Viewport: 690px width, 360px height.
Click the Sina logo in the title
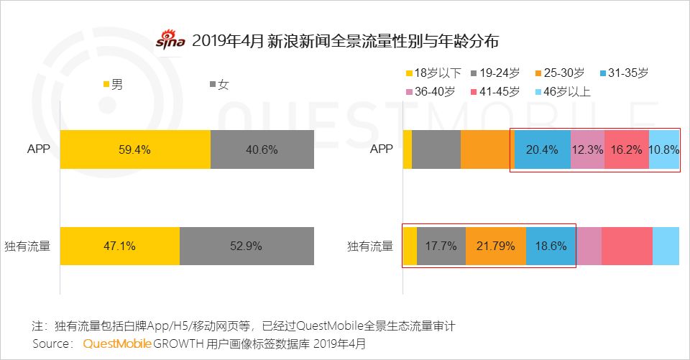[x=171, y=40]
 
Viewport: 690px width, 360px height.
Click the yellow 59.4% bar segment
[x=135, y=150]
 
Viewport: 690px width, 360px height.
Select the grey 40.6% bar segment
[x=262, y=150]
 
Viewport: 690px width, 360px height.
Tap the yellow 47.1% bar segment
[x=119, y=246]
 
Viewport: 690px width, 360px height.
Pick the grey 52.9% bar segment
[x=247, y=246]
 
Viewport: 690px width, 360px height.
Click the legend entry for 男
[x=113, y=85]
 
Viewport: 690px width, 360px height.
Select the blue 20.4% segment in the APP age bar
[x=542, y=150]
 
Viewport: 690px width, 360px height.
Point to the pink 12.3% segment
[x=587, y=150]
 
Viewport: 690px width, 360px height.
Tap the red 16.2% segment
[x=626, y=150]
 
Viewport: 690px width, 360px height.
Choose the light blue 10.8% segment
[x=664, y=150]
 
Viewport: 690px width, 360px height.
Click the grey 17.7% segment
[x=441, y=246]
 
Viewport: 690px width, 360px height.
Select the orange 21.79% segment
[x=496, y=246]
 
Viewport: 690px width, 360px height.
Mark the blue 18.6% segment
[x=551, y=246]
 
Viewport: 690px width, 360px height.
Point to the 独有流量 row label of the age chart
[x=369, y=246]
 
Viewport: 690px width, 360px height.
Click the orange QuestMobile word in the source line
[x=116, y=344]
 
